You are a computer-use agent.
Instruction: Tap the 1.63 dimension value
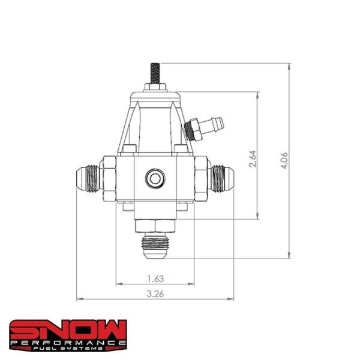coord(155,278)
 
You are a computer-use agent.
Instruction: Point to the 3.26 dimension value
coord(155,293)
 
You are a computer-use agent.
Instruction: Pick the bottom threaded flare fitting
coord(155,246)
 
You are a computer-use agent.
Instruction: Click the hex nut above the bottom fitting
coord(155,226)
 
